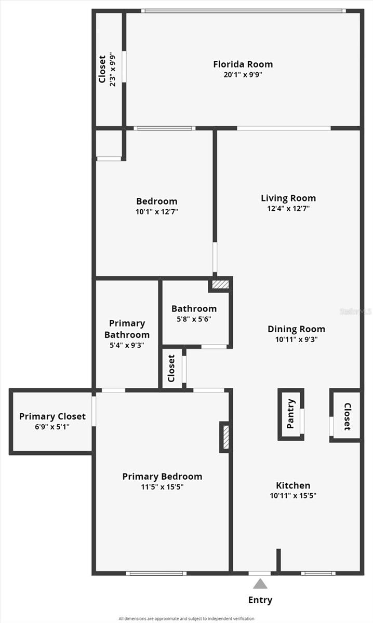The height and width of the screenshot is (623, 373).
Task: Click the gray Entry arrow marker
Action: [260, 584]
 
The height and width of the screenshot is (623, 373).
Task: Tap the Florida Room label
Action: [243, 64]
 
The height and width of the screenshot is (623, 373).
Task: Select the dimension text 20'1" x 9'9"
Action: [243, 75]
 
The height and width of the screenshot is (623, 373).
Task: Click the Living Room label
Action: [288, 198]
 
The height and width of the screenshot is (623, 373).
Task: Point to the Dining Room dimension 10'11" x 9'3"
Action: [296, 340]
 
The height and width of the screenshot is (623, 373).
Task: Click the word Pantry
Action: [291, 414]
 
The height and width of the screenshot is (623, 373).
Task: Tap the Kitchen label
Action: [293, 485]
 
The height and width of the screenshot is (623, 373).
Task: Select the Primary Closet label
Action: [52, 416]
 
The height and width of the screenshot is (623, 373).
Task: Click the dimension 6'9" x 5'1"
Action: [52, 427]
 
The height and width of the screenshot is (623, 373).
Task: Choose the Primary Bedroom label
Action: [162, 476]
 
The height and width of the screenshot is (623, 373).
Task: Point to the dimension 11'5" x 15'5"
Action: [162, 487]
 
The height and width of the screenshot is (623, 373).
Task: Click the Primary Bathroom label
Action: [127, 329]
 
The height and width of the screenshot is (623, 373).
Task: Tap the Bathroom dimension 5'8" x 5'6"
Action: [194, 319]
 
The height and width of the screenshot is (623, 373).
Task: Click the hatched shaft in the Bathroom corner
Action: [221, 285]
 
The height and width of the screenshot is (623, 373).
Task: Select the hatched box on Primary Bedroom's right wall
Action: [225, 437]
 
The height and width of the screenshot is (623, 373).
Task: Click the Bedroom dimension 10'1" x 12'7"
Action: [156, 212]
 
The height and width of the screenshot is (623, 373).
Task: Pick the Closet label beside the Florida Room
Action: [102, 69]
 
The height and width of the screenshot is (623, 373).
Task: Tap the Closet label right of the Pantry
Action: [347, 416]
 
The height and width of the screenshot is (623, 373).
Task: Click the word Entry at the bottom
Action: [260, 600]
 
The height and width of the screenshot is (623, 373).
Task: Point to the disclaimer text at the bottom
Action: [186, 618]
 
